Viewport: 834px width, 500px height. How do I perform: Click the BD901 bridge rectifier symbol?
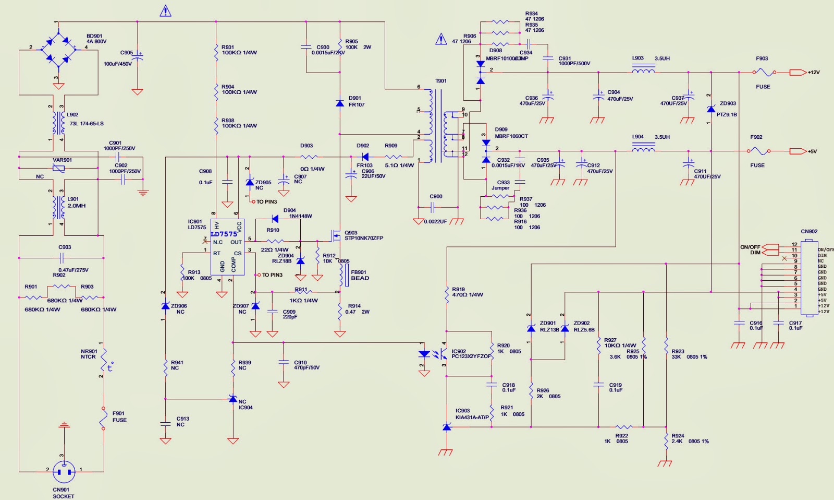59,50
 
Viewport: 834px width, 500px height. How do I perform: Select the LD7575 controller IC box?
227,247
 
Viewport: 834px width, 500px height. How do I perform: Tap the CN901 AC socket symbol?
64,472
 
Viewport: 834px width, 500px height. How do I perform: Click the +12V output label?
814,73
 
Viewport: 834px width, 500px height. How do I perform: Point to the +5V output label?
812,151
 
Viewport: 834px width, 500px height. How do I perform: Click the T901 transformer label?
441,81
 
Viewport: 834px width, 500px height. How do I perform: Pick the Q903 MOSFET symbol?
336,236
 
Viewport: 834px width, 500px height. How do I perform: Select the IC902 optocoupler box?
469,353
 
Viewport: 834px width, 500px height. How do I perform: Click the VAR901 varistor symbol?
59,168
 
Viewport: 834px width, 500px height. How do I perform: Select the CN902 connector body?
809,278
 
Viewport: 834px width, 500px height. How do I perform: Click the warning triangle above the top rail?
165,11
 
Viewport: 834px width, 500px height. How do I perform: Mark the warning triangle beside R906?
441,39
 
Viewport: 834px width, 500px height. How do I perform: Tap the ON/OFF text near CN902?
750,247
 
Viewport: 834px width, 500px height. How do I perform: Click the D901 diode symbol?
340,103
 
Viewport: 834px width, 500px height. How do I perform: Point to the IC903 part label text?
462,411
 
